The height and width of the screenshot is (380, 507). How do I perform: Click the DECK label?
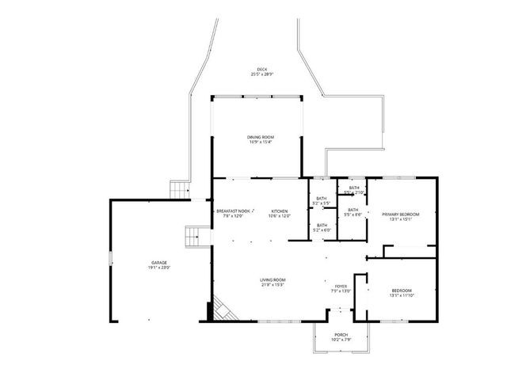click(261, 69)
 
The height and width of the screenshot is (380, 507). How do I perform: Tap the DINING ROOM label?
click(261, 137)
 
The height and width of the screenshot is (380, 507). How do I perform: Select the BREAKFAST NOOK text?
click(233, 211)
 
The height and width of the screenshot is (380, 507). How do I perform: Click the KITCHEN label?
click(280, 211)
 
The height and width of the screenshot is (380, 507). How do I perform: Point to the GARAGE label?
click(159, 262)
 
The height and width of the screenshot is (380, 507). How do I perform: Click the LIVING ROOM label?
click(273, 279)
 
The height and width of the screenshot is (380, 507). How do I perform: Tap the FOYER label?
click(341, 287)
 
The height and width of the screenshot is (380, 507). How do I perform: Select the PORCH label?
click(341, 334)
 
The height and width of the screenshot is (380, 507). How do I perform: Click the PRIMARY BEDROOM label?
click(400, 215)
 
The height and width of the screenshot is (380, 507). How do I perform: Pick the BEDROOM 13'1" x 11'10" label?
click(401, 291)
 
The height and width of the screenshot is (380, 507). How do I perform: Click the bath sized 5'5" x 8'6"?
click(353, 210)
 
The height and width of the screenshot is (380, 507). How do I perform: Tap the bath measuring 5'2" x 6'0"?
click(322, 226)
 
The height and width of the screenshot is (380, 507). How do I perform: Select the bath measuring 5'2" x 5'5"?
click(322, 199)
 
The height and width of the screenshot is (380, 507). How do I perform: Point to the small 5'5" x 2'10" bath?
click(353, 188)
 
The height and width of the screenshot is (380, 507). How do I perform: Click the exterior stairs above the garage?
click(181, 191)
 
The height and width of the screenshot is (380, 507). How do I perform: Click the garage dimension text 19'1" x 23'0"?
click(159, 268)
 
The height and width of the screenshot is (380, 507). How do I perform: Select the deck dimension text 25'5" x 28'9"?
click(261, 74)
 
